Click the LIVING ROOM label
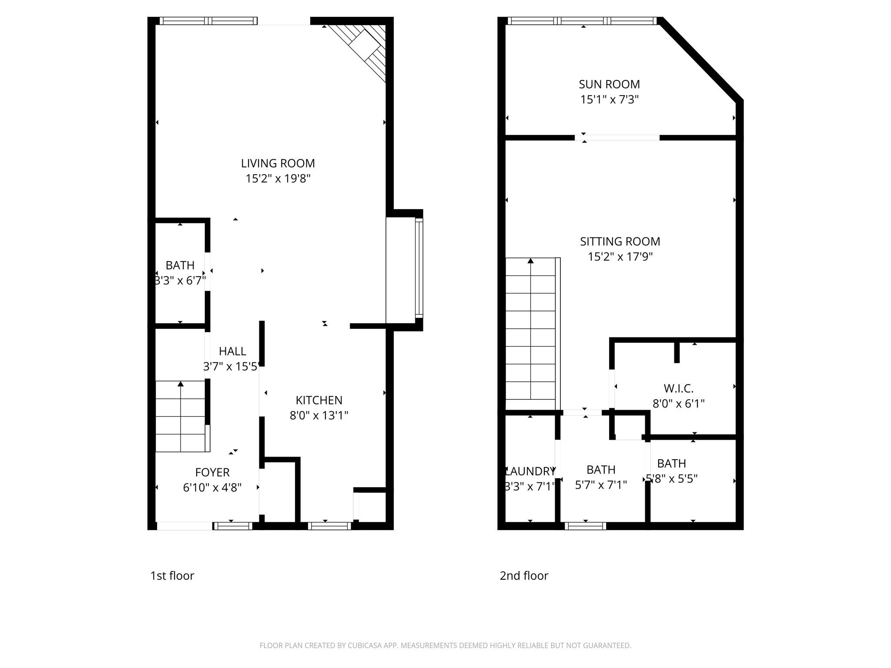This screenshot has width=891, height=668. tap(278, 164)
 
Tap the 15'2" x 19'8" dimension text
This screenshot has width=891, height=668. tap(278, 179)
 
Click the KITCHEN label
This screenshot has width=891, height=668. tap(319, 400)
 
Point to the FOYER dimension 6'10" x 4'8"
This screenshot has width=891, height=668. tap(212, 488)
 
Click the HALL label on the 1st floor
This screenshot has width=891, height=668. tap(232, 351)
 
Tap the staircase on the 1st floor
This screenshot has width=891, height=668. tap(181, 416)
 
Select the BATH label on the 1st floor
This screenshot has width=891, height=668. tap(180, 265)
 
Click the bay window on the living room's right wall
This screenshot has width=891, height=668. tap(419, 268)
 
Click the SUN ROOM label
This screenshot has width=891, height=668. tap(609, 84)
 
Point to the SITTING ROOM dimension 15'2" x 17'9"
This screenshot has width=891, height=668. tap(620, 257)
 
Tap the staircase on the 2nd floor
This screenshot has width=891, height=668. tap(531, 329)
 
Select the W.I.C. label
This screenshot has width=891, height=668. tap(678, 388)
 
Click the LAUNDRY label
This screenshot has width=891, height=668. tap(530, 471)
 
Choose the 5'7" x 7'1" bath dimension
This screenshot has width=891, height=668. tap(601, 485)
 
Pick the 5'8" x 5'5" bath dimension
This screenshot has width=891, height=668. tap(672, 479)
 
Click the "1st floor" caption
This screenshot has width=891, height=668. tap(172, 576)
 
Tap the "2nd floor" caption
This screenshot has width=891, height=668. tap(524, 576)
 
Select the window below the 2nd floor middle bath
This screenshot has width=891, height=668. tap(585, 526)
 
